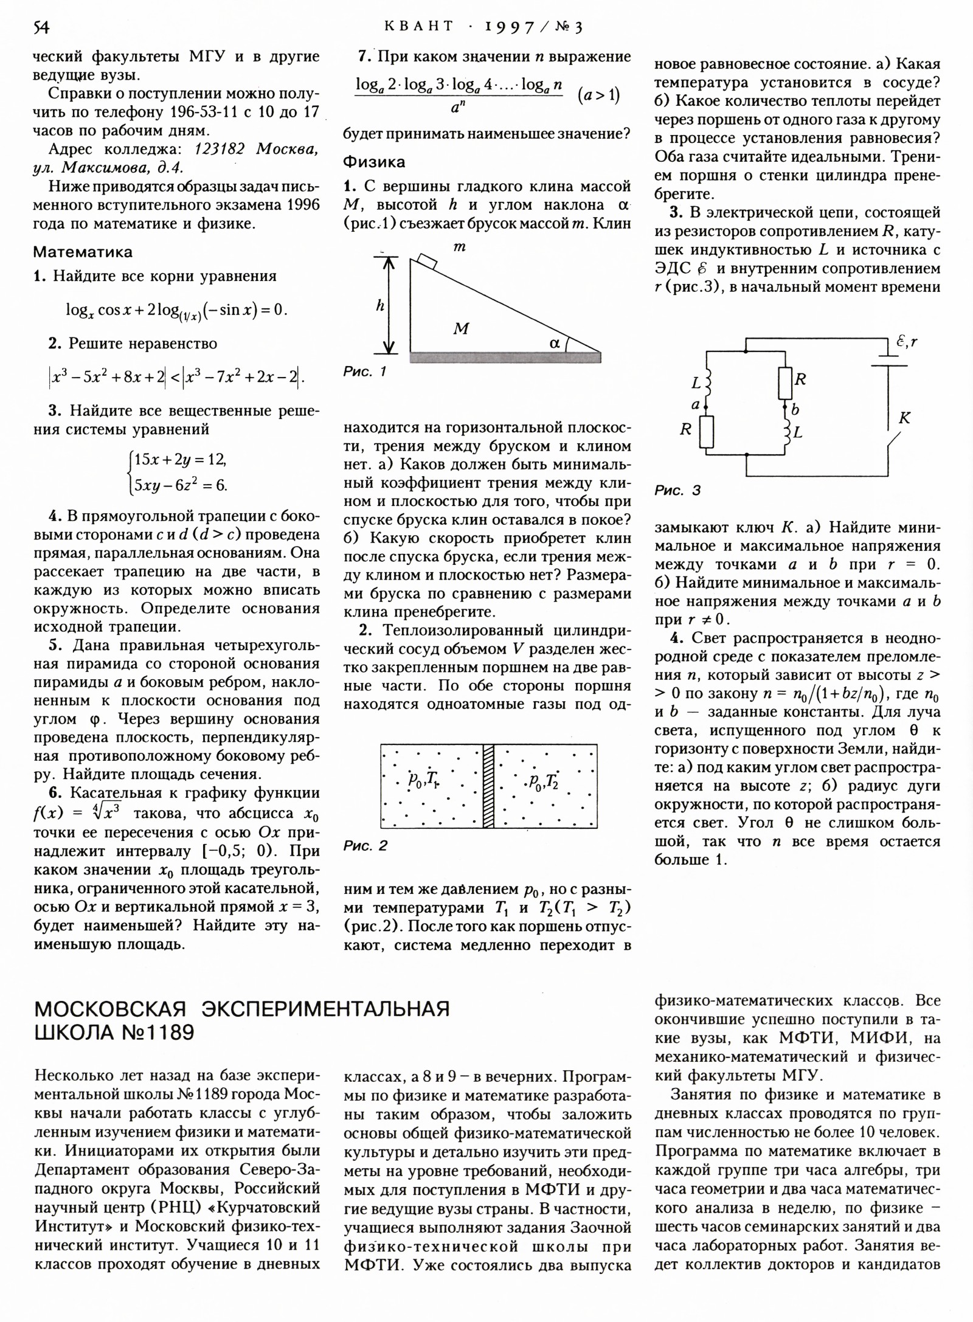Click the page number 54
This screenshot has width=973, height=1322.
pyautogui.click(x=41, y=27)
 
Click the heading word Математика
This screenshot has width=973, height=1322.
pyautogui.click(x=82, y=252)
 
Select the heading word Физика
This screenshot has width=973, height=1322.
pyautogui.click(x=374, y=162)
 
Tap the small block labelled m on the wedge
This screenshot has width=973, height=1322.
pyautogui.click(x=428, y=261)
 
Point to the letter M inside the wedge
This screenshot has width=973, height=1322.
pyautogui.click(x=461, y=329)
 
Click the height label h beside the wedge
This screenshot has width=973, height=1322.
pyautogui.click(x=380, y=306)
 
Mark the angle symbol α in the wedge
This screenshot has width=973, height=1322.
pyautogui.click(x=554, y=343)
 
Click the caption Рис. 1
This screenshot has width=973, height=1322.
pyautogui.click(x=365, y=372)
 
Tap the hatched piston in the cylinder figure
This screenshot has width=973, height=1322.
pyautogui.click(x=488, y=786)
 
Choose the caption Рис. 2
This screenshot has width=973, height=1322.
pyautogui.click(x=365, y=846)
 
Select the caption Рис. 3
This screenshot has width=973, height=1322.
pyautogui.click(x=677, y=490)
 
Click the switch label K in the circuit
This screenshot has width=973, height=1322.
pyautogui.click(x=904, y=418)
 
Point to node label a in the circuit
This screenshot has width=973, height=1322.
pyautogui.click(x=695, y=404)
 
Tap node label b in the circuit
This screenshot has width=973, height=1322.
pyautogui.click(x=795, y=409)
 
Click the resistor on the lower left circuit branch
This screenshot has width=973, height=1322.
pyautogui.click(x=707, y=432)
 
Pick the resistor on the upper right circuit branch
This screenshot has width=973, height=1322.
pyautogui.click(x=785, y=382)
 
